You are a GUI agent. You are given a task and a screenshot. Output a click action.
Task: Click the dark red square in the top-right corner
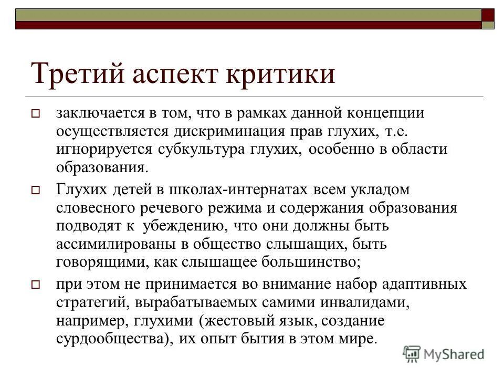click(x=488, y=14)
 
